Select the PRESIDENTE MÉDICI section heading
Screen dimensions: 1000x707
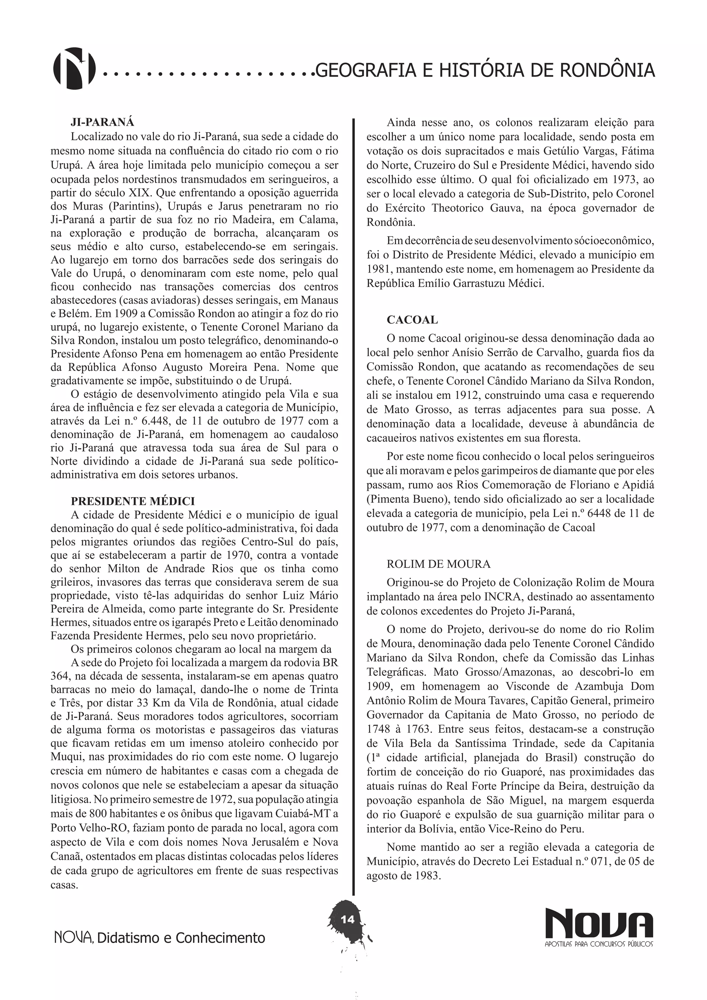tap(133, 501)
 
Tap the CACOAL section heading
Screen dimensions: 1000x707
tap(412, 320)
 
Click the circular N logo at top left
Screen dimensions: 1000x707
tap(74, 68)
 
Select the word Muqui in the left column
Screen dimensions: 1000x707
tap(65, 757)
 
